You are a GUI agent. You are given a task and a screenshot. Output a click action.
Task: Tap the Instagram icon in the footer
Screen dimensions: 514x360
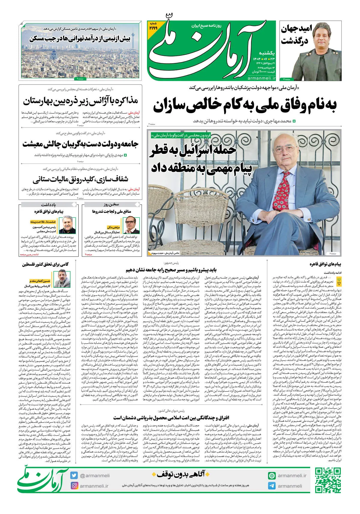74,486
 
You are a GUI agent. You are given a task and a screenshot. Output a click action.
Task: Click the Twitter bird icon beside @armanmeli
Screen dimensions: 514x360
74,475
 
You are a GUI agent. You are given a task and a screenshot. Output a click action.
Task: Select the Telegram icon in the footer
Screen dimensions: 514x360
272,486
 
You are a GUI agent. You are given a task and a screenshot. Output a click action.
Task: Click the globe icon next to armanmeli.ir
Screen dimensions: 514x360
272,476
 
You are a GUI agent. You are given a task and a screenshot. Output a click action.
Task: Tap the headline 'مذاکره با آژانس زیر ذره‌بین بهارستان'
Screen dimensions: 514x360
80,101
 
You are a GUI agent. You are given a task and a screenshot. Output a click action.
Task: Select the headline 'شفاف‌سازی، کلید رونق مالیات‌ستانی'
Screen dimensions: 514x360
80,180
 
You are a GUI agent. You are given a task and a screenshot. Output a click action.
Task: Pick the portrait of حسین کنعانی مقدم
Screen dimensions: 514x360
62,279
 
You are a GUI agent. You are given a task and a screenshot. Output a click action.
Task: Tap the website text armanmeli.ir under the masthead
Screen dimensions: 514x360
262,78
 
